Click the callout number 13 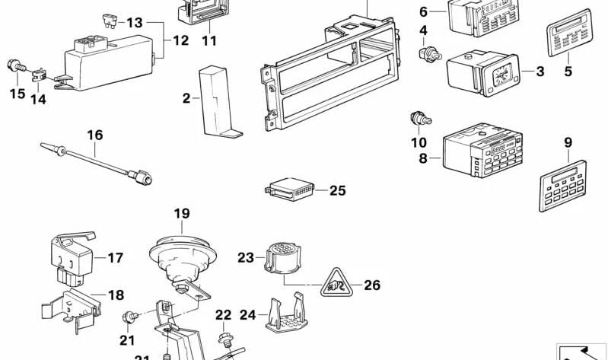pos(135,23)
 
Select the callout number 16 pos(94,135)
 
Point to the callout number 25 pos(337,190)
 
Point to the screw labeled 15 pos(14,68)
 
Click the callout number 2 pos(185,98)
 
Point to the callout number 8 pos(424,158)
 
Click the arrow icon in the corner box pos(581,352)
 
